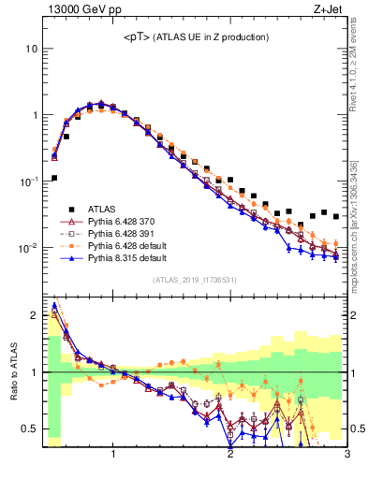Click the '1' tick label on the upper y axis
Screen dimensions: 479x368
point(35,115)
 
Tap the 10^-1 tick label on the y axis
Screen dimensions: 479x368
point(28,181)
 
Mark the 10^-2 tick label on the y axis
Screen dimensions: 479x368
point(28,248)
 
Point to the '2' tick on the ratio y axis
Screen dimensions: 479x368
point(35,316)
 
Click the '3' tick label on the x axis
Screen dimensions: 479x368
point(346,456)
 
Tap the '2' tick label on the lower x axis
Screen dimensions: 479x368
point(230,456)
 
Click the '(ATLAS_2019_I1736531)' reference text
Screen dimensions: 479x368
point(195,281)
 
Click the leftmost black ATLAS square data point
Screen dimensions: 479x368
point(54,177)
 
